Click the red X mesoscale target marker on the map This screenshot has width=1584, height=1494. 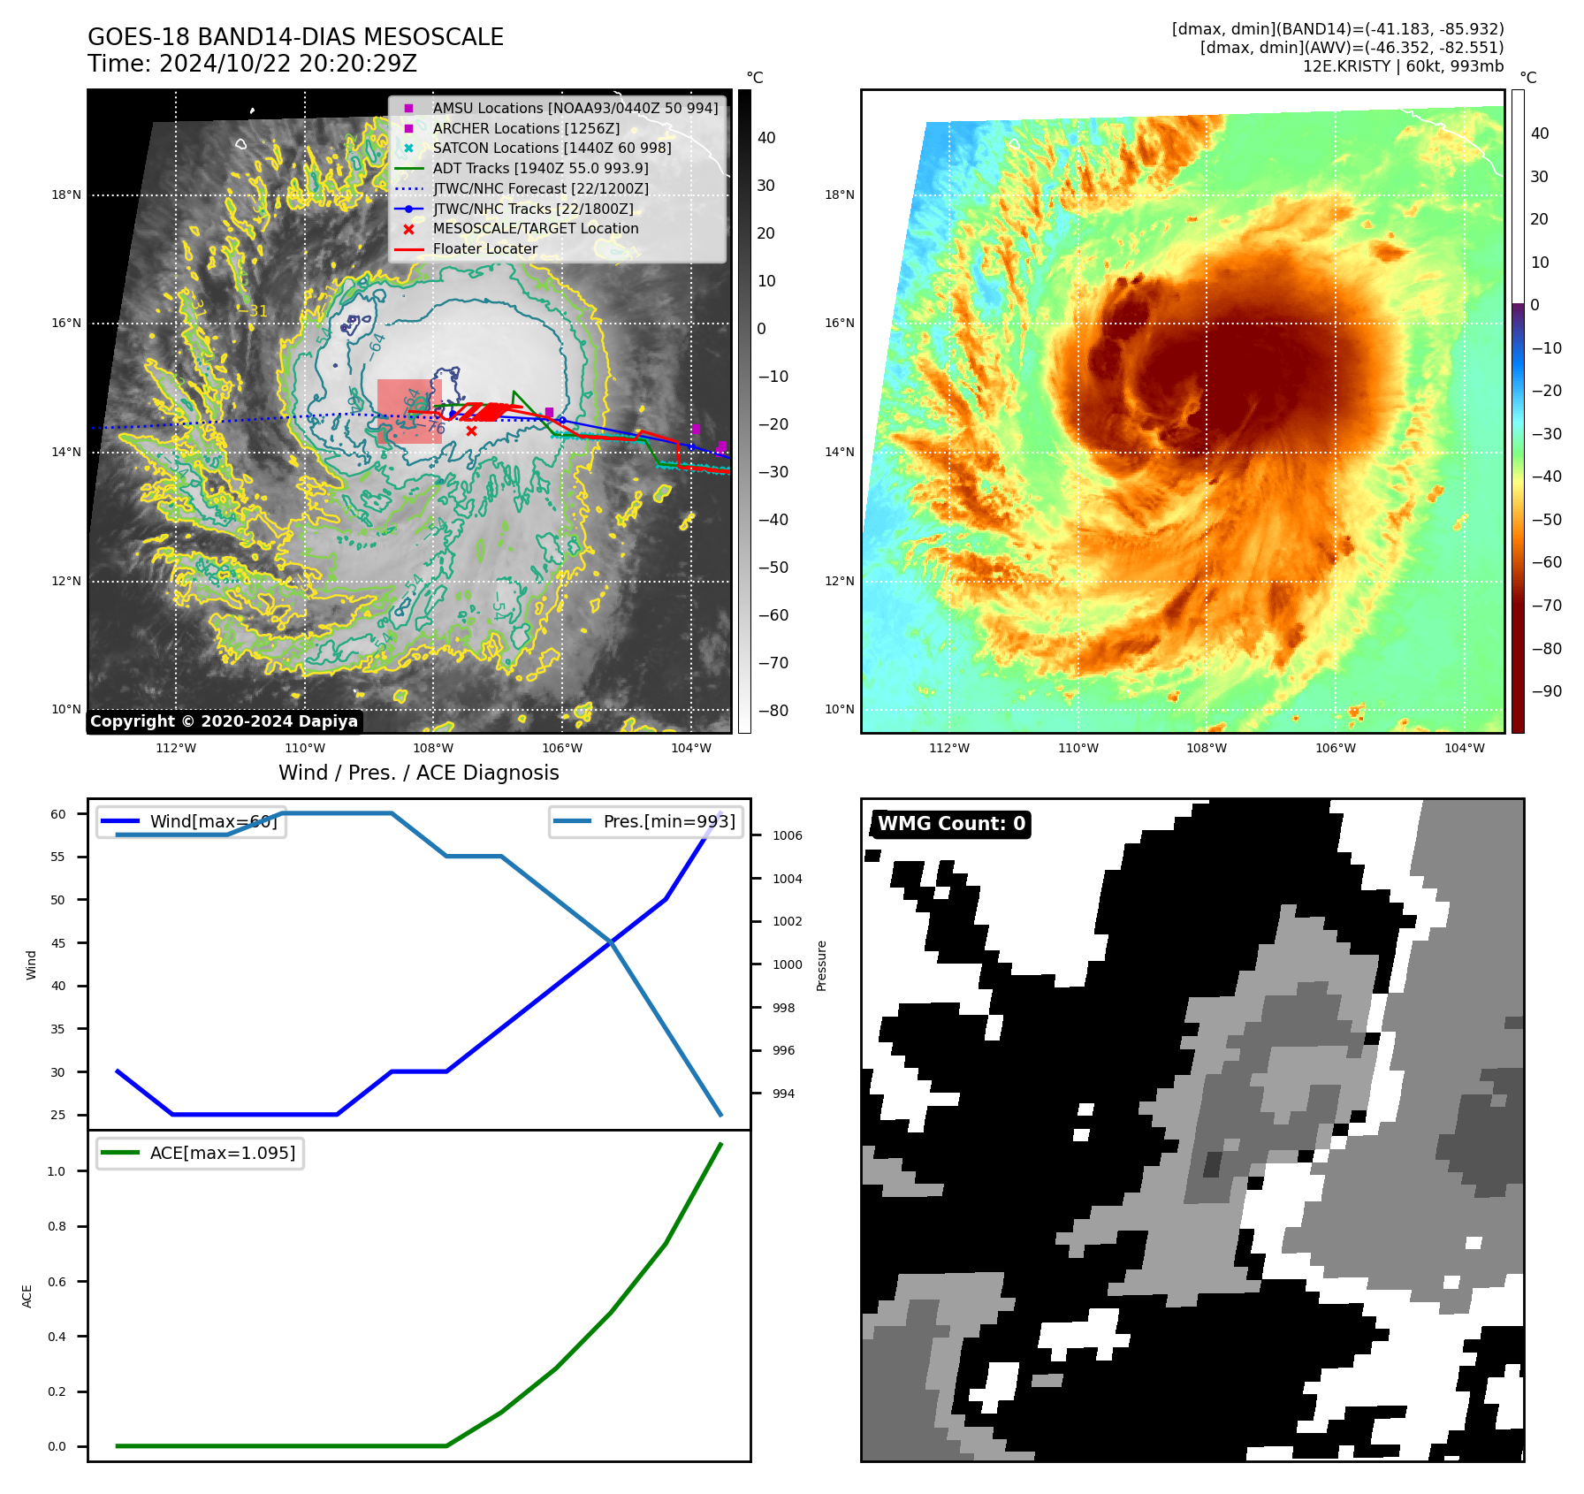pyautogui.click(x=471, y=431)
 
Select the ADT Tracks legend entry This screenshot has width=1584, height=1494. pyautogui.click(x=540, y=168)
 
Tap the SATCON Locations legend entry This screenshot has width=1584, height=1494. pyautogui.click(x=552, y=148)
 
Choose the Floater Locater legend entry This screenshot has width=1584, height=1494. pyautogui.click(x=484, y=248)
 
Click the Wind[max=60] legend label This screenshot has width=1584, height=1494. pyautogui.click(x=213, y=821)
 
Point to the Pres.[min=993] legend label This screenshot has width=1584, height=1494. pyautogui.click(x=668, y=821)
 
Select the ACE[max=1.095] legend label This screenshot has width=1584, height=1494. pyautogui.click(x=222, y=1153)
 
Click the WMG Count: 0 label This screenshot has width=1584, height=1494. pyautogui.click(x=951, y=824)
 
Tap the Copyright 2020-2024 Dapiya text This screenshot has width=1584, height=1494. pyautogui.click(x=224, y=721)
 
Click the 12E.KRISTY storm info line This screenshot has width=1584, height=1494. pyautogui.click(x=1403, y=66)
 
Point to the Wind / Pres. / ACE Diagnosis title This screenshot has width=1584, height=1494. pyautogui.click(x=418, y=773)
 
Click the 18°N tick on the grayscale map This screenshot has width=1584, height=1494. pyautogui.click(x=66, y=194)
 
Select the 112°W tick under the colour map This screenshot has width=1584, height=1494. pyautogui.click(x=949, y=748)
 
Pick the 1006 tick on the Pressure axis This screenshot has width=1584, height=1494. pyautogui.click(x=787, y=835)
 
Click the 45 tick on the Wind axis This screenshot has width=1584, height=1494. pyautogui.click(x=58, y=943)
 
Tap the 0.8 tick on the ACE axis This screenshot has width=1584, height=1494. pyautogui.click(x=57, y=1226)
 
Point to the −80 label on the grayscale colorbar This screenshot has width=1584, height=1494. pyautogui.click(x=773, y=710)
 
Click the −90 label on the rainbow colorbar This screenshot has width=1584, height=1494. pyautogui.click(x=1546, y=690)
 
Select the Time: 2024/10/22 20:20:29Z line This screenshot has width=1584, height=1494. pyautogui.click(x=252, y=64)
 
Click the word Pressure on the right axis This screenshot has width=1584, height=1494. pyautogui.click(x=821, y=965)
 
